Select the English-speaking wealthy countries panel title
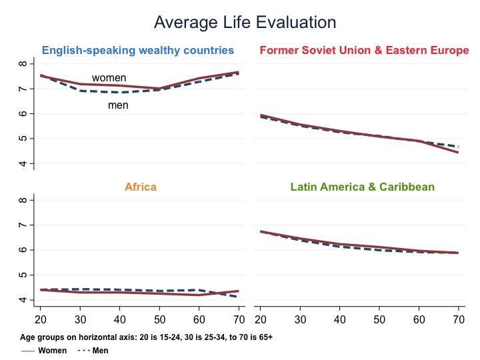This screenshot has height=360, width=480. point(138,50)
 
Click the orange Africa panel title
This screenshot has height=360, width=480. point(141,187)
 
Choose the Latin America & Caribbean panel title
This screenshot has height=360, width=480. point(363,187)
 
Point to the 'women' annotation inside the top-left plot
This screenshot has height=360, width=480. point(109,78)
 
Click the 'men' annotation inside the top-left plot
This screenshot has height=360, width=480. point(118,105)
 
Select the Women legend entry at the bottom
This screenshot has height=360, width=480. point(52,350)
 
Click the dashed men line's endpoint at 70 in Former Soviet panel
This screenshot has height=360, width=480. point(459,146)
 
